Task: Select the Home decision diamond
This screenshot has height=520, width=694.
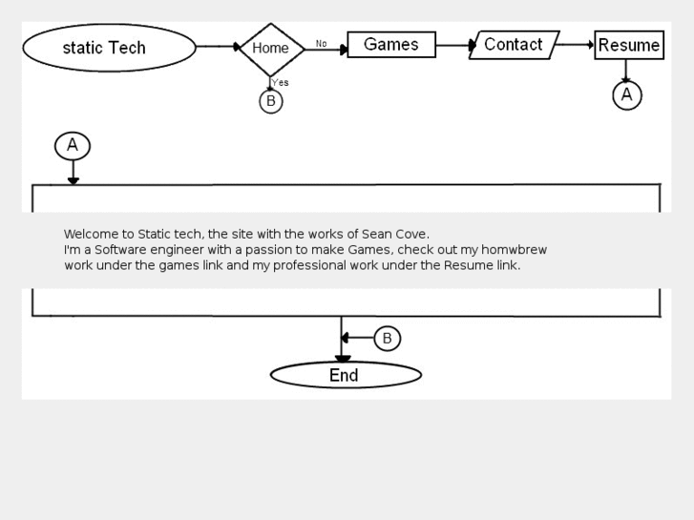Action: tap(271, 49)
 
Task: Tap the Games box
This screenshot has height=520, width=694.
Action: tap(391, 45)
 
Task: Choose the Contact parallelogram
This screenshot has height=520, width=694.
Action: tap(514, 45)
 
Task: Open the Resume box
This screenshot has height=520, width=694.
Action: tap(629, 45)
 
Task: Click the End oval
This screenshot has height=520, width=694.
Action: tap(346, 375)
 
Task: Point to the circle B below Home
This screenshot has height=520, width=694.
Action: tap(271, 101)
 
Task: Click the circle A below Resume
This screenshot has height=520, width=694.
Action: tap(627, 94)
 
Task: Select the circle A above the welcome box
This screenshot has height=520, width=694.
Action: tap(73, 146)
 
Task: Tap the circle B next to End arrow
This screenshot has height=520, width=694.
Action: tap(387, 338)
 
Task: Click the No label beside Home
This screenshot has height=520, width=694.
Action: tap(322, 44)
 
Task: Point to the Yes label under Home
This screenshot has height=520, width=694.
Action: tap(281, 83)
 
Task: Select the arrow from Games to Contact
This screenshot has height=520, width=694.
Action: tap(454, 45)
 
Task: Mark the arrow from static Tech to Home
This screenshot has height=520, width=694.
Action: tap(218, 46)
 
